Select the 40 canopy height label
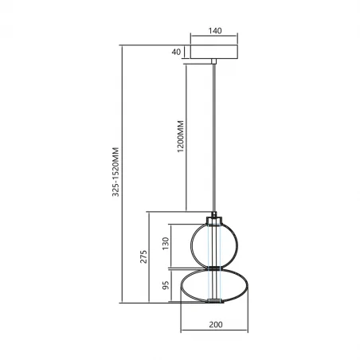(176, 52)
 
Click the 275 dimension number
(143, 256)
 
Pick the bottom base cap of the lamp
(213, 302)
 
